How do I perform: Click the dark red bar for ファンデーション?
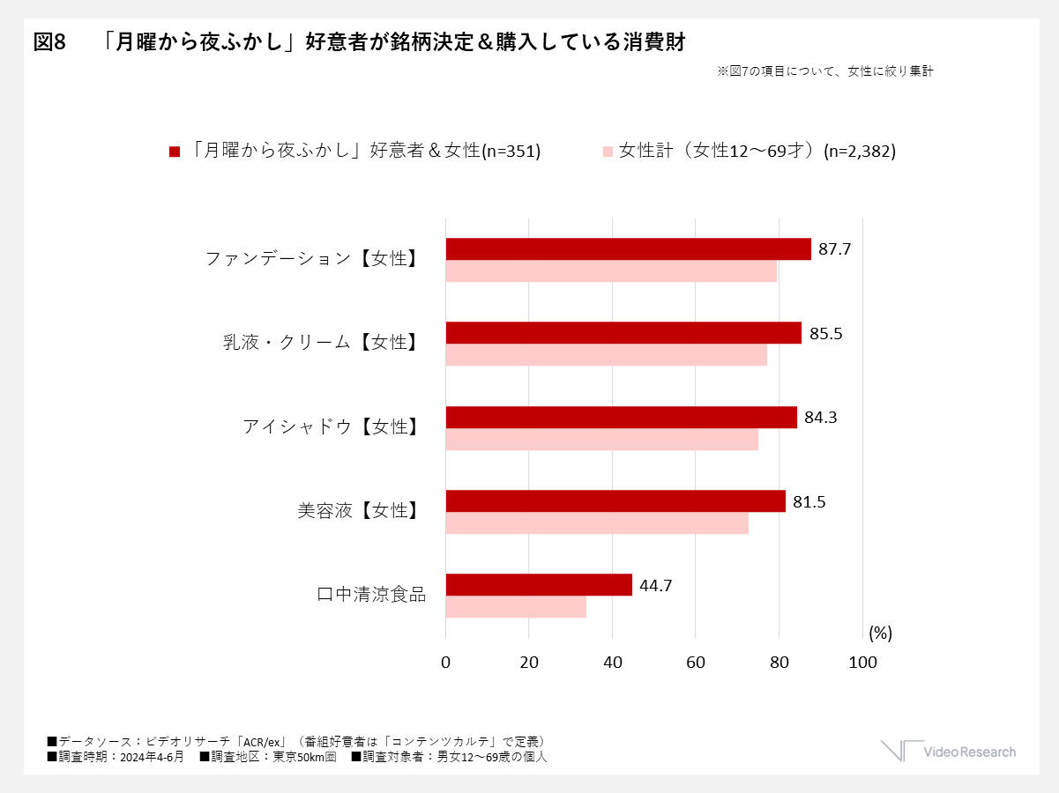(x=628, y=249)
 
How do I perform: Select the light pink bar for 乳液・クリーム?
(x=606, y=355)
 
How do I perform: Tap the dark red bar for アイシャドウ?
(x=621, y=418)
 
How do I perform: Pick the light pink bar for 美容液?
(x=597, y=523)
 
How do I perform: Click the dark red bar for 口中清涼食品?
(x=539, y=585)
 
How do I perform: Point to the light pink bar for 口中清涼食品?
(x=516, y=607)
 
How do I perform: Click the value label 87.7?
(x=834, y=249)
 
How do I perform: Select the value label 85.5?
(x=824, y=334)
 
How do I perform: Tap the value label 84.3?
(x=820, y=418)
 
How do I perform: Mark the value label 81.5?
(x=809, y=502)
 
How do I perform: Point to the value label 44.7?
(x=656, y=585)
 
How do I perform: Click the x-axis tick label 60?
(x=696, y=663)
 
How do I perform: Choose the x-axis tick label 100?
(x=862, y=663)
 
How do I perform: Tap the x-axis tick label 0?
(x=446, y=663)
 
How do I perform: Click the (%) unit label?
(x=880, y=633)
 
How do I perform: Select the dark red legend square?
(x=175, y=152)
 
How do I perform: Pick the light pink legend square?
(x=608, y=152)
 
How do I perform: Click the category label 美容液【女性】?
(x=358, y=510)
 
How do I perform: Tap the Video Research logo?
(x=948, y=752)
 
